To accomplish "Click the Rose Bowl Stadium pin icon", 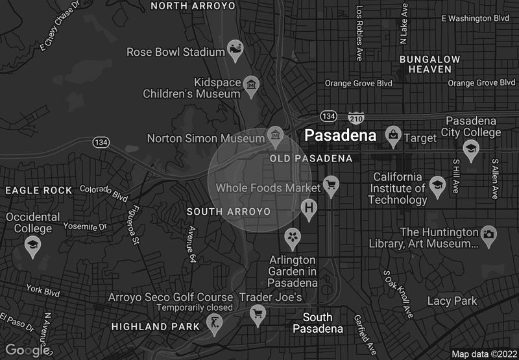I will pos(235,50).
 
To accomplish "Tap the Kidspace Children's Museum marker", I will pos(251,84).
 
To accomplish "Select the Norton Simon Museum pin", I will pos(276,136).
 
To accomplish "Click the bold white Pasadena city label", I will pos(341,136).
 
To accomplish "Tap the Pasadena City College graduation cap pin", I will pos(471,149).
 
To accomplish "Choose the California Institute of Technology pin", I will pos(438,186).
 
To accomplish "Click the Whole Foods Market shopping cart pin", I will pos(332,185).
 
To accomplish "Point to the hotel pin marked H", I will pos(310,208).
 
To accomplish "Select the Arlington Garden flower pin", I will pos(293,237).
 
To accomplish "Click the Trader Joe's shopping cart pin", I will pos(258,315).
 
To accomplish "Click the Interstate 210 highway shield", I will pos(356,118).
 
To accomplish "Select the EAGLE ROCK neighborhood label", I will pos(39,190).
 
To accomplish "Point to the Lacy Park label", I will pos(452,301).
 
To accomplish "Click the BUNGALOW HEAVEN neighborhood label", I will pos(429,64).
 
